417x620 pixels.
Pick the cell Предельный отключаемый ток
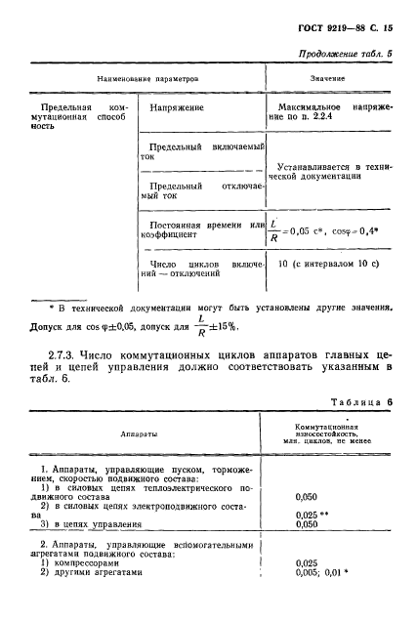(x=193, y=190)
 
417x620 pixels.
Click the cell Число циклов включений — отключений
(x=193, y=269)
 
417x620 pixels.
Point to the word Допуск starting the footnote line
(x=50, y=325)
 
